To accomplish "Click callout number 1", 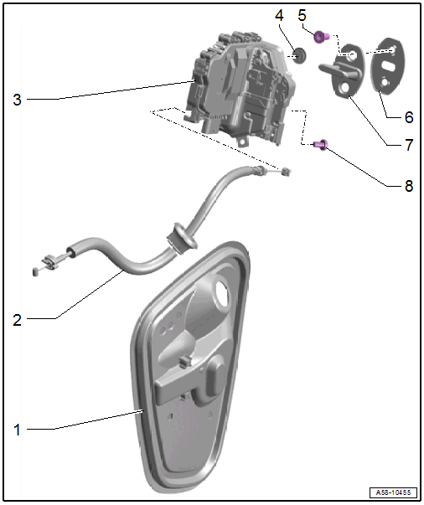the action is (17, 430).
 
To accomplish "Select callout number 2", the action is (17, 320).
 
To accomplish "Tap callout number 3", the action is (17, 100).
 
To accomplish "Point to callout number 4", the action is (279, 15).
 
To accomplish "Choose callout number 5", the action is (302, 15).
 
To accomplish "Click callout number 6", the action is (409, 117).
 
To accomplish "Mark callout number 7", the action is (409, 145).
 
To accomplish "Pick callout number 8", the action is (409, 186).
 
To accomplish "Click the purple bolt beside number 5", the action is (321, 37).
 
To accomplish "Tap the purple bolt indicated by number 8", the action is (321, 144).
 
